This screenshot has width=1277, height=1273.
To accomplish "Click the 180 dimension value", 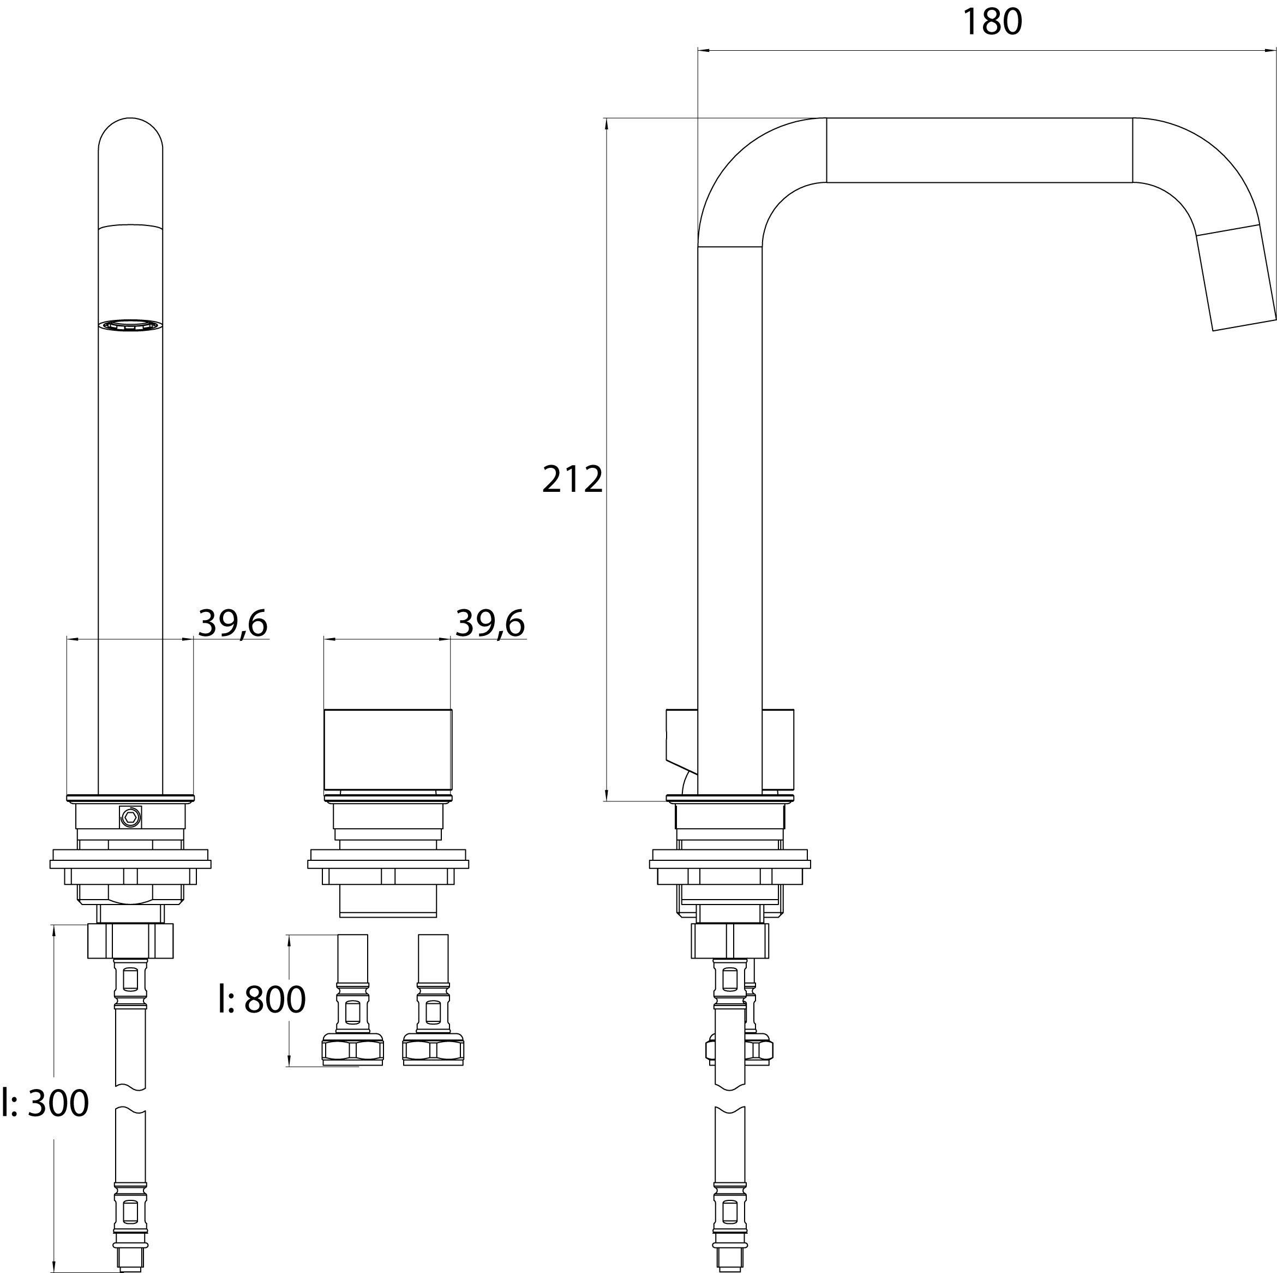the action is point(992,22).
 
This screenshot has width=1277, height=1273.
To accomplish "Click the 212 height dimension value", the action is point(572,479).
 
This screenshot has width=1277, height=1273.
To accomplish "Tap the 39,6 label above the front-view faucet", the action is point(233,623).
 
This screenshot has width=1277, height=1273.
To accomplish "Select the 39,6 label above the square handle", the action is point(490,623).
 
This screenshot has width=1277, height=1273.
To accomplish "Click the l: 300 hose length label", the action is point(45,1103).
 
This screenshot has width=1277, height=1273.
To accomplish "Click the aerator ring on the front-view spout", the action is point(130,325).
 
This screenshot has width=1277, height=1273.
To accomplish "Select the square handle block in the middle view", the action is point(388,749).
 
